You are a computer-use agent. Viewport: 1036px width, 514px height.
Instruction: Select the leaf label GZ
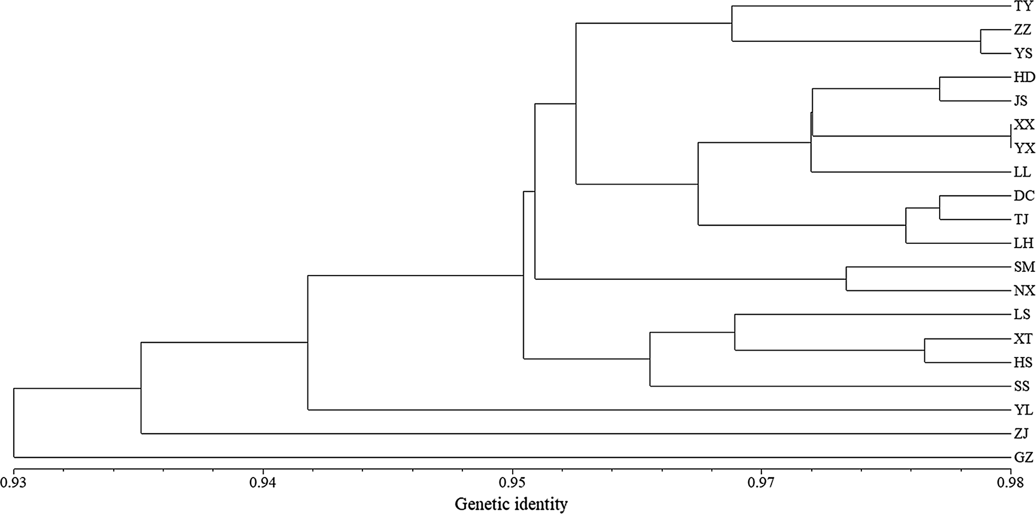(1023, 457)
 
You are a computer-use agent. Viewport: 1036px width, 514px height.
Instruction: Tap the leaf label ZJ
(1021, 434)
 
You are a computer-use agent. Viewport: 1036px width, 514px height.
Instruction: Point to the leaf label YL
(1023, 410)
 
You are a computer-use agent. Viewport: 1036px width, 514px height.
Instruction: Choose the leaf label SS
(1022, 386)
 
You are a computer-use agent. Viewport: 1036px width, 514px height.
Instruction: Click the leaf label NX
(1024, 291)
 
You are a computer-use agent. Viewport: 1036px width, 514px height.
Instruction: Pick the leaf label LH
(1023, 243)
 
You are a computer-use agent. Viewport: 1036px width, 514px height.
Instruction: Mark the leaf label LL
(1022, 172)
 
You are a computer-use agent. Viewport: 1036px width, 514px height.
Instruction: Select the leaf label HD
(1024, 77)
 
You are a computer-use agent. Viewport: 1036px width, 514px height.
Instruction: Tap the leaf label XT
(1023, 338)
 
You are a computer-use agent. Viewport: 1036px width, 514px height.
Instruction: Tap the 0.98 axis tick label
(1011, 483)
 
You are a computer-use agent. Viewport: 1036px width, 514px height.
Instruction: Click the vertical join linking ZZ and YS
(980, 41)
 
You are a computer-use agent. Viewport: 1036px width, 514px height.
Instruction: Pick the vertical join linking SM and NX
(846, 279)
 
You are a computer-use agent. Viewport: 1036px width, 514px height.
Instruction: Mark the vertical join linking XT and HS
(924, 350)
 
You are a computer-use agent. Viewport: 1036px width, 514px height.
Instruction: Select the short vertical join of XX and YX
(1011, 136)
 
